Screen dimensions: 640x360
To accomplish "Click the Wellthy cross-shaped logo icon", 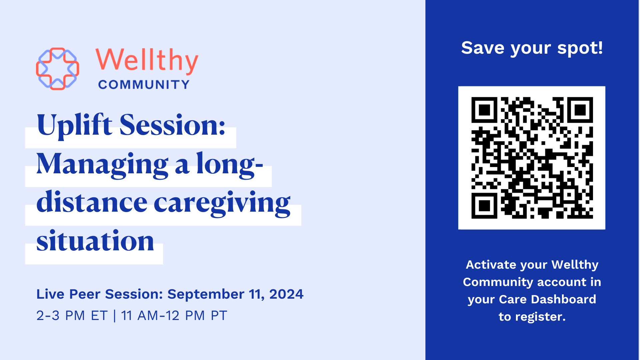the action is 57,69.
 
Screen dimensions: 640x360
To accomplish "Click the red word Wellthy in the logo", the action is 147,61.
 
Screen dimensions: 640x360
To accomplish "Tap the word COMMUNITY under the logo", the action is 144,85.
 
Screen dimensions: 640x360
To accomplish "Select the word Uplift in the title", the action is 75,126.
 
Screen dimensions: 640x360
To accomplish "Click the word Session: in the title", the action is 172,125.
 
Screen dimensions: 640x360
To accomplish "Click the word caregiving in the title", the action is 222,203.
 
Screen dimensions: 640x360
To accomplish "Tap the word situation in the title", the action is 95,241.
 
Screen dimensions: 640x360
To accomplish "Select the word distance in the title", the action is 92,202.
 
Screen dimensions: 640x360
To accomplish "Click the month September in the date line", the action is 206,294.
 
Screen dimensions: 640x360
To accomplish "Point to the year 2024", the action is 286,294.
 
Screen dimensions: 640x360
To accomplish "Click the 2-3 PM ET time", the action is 72,315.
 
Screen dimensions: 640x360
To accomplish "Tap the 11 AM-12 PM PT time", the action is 174,315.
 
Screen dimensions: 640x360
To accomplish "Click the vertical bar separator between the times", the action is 114,315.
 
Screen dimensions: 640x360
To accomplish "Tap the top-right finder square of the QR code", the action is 580,110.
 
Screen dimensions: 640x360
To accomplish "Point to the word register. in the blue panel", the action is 540,317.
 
